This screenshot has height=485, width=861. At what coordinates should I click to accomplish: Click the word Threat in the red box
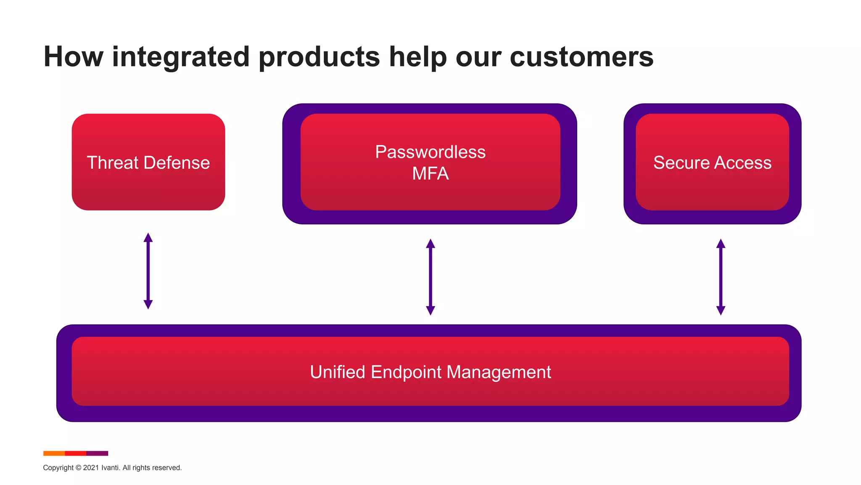(x=111, y=163)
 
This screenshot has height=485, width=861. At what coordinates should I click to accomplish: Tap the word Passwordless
(x=430, y=152)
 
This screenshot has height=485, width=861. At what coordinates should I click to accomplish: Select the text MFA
(x=430, y=174)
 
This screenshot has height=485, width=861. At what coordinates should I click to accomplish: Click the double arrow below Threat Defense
(x=148, y=271)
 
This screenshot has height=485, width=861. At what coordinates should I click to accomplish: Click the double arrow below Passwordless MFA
(x=430, y=277)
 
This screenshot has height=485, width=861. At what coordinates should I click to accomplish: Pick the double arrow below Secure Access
(x=721, y=277)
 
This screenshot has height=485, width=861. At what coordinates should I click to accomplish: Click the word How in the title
(x=73, y=57)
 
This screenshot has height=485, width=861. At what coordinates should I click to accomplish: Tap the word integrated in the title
(x=181, y=58)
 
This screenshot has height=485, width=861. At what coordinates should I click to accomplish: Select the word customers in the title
(x=581, y=57)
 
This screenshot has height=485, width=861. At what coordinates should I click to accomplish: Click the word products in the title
(x=320, y=58)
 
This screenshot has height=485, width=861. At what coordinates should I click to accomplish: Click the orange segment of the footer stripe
(x=54, y=453)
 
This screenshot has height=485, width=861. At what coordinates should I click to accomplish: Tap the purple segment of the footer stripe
(x=98, y=453)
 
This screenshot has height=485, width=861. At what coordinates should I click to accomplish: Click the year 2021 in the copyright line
(x=91, y=468)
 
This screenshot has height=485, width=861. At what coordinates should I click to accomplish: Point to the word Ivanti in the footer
(x=110, y=468)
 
